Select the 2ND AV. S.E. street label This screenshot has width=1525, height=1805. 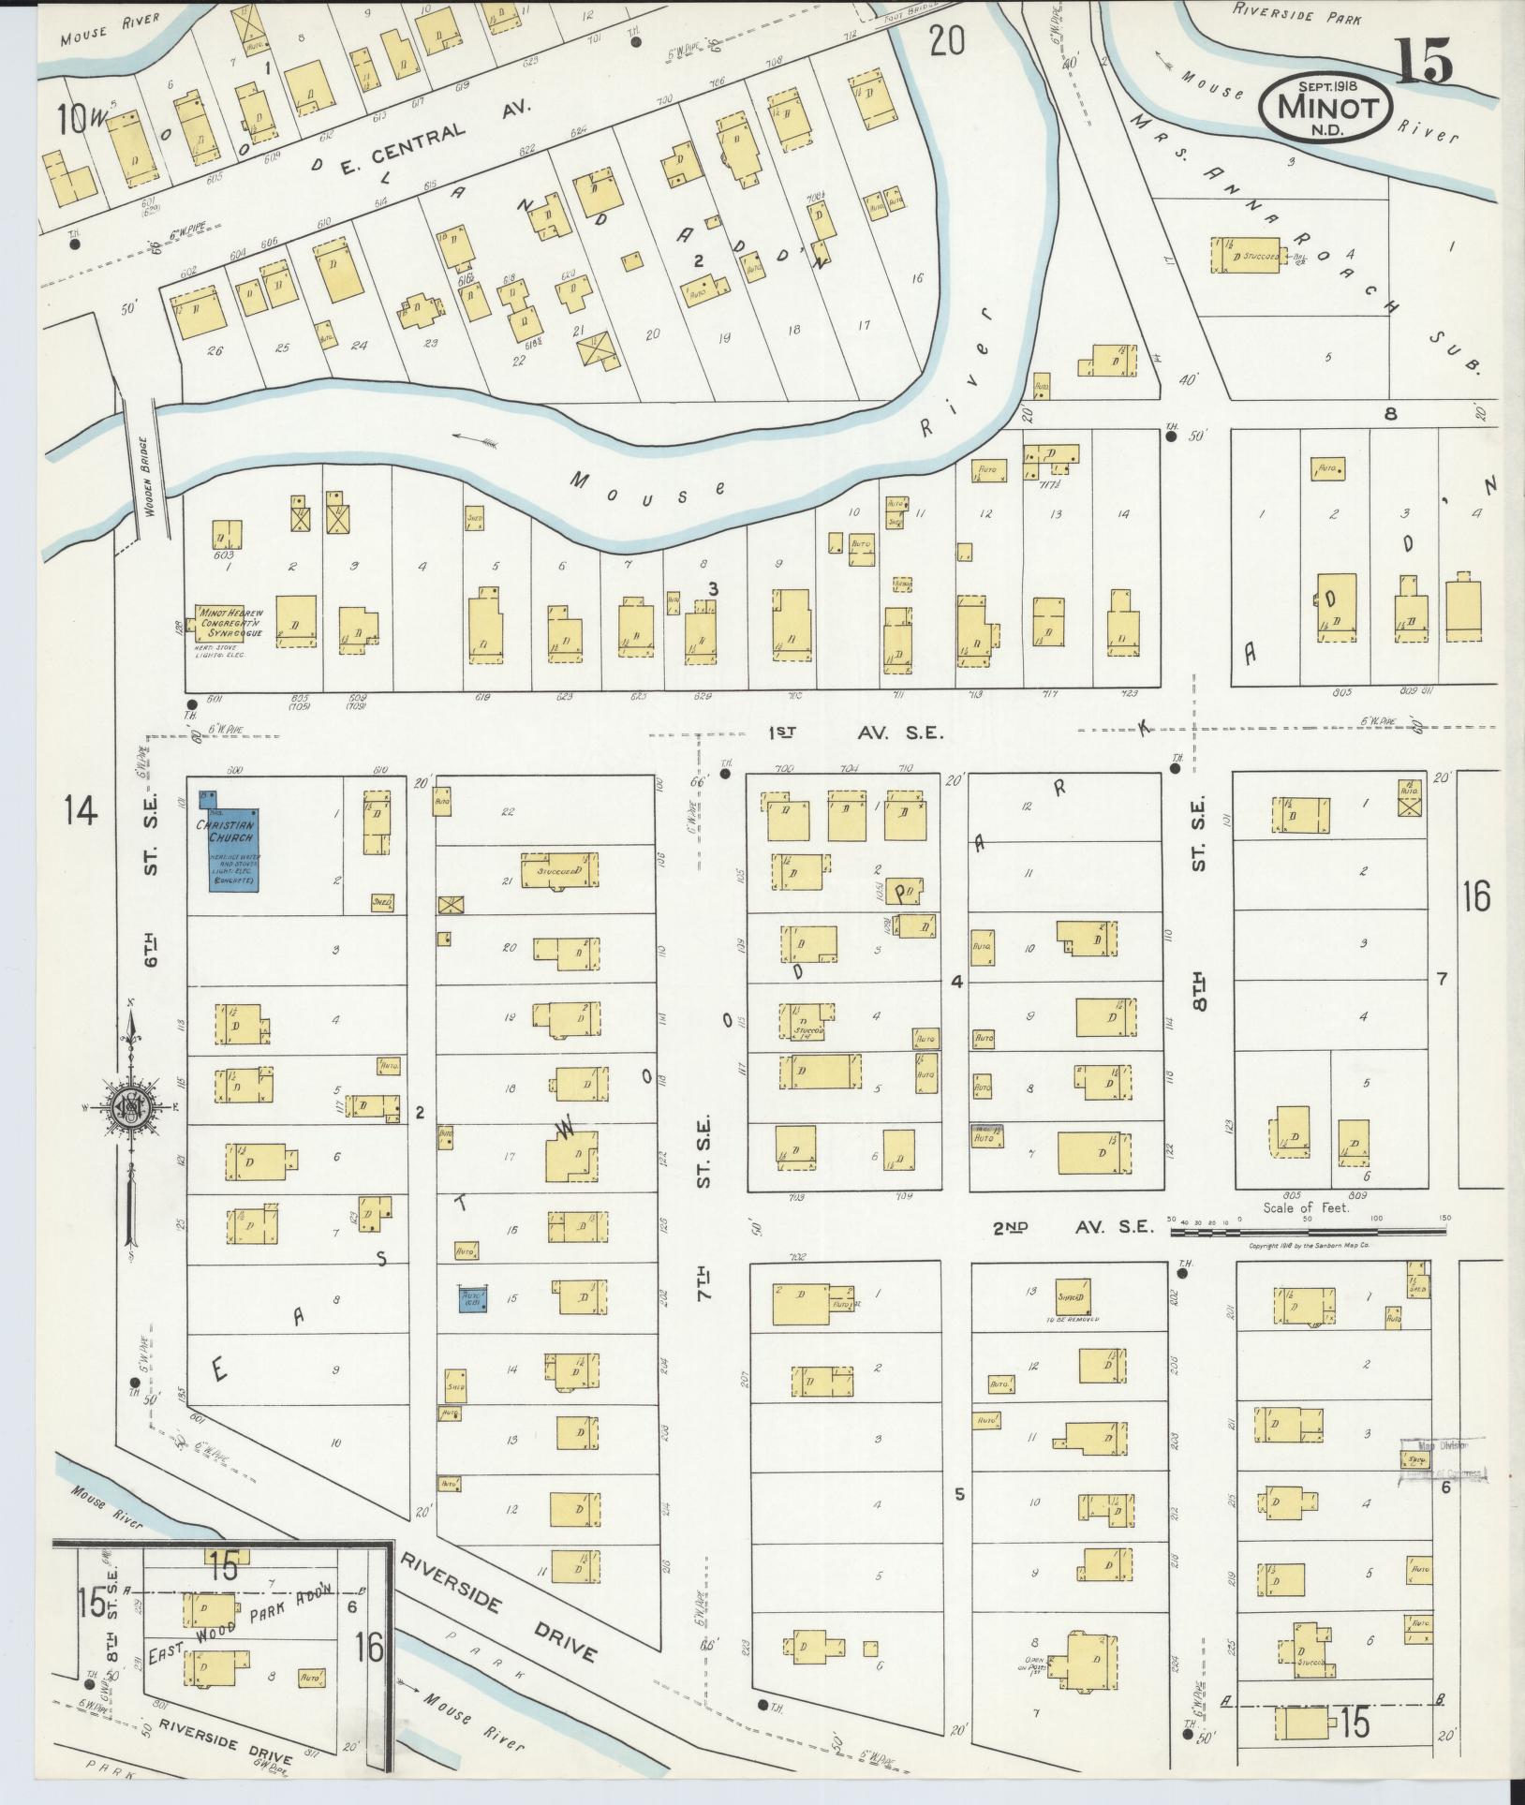click(x=1073, y=1227)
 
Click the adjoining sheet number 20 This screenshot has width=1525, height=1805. click(x=947, y=40)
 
